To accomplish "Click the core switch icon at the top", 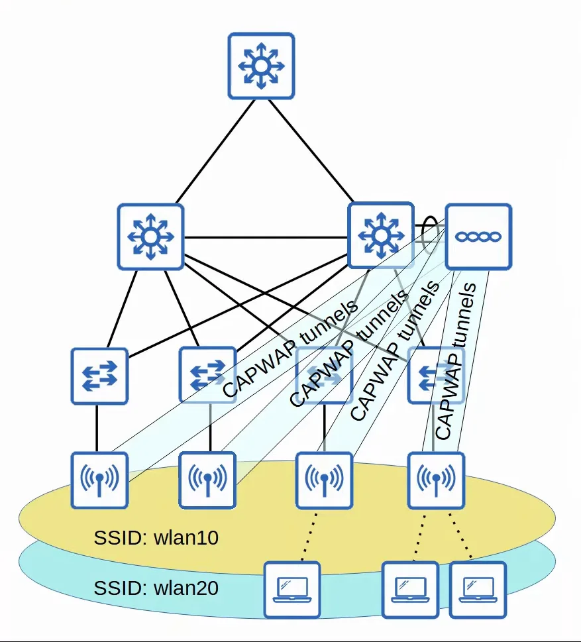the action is click(261, 66).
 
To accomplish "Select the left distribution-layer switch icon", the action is click(150, 237).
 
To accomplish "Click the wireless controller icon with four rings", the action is click(478, 237).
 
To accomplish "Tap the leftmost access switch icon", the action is click(99, 376).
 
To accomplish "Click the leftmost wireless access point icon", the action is click(99, 480).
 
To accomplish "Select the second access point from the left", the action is click(207, 480).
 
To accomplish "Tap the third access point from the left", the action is click(324, 480).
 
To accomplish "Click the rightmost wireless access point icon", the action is click(436, 480).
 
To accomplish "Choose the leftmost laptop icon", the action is click(292, 590).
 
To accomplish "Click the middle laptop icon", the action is click(410, 590).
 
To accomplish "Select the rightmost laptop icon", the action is click(478, 590).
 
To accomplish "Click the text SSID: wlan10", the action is click(156, 537).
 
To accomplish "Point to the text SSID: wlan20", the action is click(156, 588).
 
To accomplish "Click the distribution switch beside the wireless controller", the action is click(381, 235).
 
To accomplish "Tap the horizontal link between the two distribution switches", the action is click(266, 237).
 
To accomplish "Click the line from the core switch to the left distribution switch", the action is click(215, 151).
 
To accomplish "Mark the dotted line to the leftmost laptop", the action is click(309, 535).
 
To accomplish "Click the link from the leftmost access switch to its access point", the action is click(97, 429).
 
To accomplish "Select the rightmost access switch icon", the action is click(436, 375).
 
